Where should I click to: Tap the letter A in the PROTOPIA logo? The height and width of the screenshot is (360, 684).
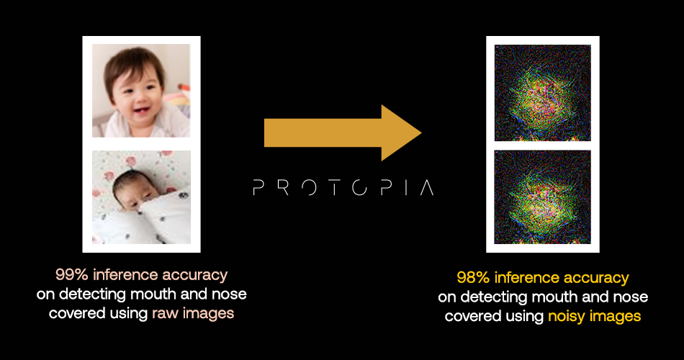[426, 188]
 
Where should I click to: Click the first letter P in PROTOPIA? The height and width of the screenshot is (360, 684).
[258, 188]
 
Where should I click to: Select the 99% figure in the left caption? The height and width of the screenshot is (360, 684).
[71, 275]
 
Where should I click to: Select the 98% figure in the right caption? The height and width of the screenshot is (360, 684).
[473, 278]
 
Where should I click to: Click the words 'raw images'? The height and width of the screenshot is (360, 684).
[193, 313]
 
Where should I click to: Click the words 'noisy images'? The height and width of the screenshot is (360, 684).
[594, 316]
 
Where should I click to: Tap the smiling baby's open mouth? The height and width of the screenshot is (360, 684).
[140, 109]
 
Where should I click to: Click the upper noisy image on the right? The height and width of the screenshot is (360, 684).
[543, 92]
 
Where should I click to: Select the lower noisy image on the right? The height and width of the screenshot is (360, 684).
[543, 197]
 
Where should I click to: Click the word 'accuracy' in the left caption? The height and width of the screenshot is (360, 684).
[194, 275]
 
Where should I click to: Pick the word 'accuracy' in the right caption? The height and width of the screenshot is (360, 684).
[596, 279]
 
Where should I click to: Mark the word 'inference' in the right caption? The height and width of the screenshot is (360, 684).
[526, 278]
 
